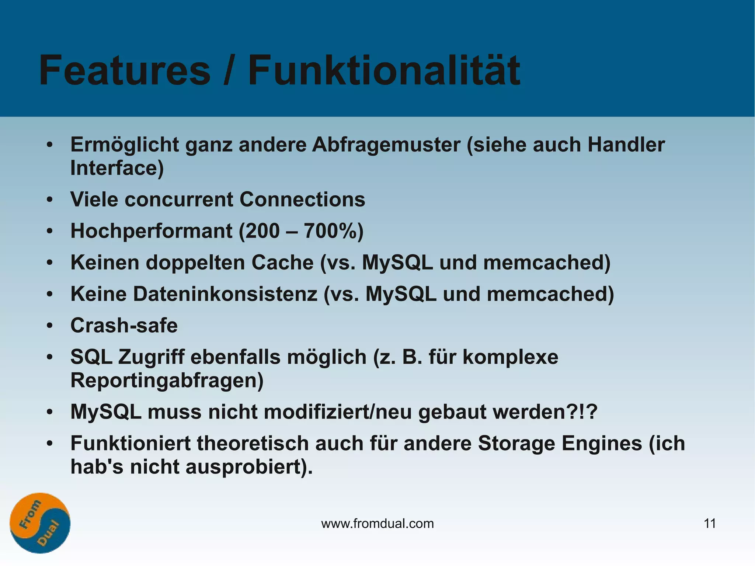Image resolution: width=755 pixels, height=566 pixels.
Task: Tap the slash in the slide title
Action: [x=229, y=71]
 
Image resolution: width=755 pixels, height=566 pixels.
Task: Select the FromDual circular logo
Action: [x=40, y=523]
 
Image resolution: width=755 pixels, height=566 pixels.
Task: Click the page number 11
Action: [x=710, y=524]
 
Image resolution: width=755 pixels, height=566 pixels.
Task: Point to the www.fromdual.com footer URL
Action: [x=377, y=524]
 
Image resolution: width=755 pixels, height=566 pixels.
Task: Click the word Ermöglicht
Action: [x=125, y=145]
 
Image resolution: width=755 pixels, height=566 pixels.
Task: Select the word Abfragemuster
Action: [x=386, y=145]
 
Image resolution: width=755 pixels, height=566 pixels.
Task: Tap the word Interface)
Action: [x=117, y=168]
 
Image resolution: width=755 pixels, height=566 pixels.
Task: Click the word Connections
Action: [x=302, y=199]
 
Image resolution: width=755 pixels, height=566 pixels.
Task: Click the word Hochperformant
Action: [x=151, y=231]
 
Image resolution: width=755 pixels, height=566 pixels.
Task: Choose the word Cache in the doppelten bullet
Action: [x=282, y=263]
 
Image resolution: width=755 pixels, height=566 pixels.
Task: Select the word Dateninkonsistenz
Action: [x=225, y=294]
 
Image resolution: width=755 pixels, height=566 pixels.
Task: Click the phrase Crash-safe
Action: [x=124, y=326]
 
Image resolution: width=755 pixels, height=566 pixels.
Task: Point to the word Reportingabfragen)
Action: [x=167, y=381]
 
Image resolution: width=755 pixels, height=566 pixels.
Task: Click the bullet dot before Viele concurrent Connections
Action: [x=50, y=200]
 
